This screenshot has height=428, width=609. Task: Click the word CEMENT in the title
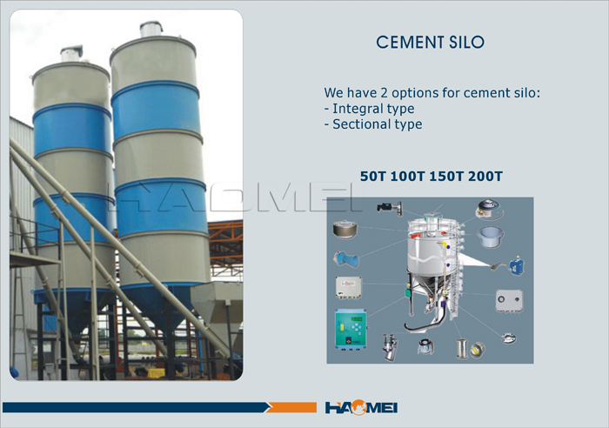[410, 43]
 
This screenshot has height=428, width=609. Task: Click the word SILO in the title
[466, 43]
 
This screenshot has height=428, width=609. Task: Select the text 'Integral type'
[373, 109]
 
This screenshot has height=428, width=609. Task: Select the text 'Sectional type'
[377, 124]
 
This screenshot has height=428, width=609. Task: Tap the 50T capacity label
[372, 177]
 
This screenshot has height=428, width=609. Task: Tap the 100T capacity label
[407, 177]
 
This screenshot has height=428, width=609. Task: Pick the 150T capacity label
[446, 177]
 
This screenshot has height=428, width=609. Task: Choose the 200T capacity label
[485, 177]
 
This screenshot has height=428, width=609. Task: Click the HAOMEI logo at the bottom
[361, 407]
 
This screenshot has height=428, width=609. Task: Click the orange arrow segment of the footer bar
[291, 407]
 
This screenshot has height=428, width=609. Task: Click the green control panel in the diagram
[351, 328]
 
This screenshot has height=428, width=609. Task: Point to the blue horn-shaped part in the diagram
[346, 259]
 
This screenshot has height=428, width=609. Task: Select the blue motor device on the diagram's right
[516, 265]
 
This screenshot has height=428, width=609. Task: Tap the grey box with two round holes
[509, 300]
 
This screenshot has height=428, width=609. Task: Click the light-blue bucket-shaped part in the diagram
[491, 237]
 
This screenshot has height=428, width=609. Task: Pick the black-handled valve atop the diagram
[390, 207]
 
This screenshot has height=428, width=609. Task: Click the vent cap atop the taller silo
[151, 29]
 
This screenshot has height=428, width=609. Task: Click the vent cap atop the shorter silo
[71, 53]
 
